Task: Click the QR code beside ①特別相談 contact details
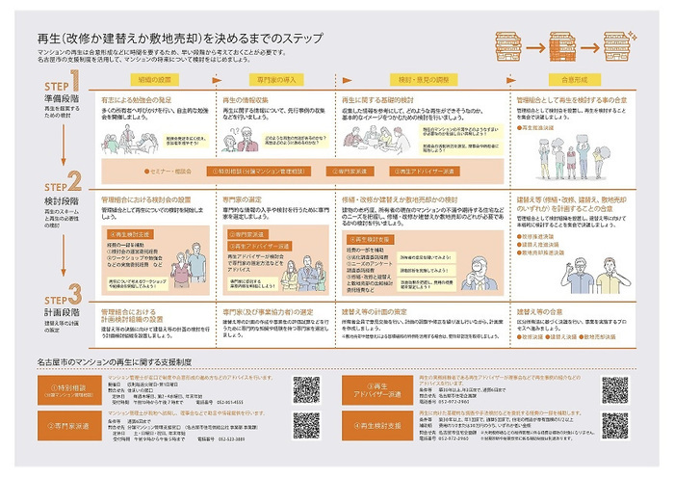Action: coord(306,388)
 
